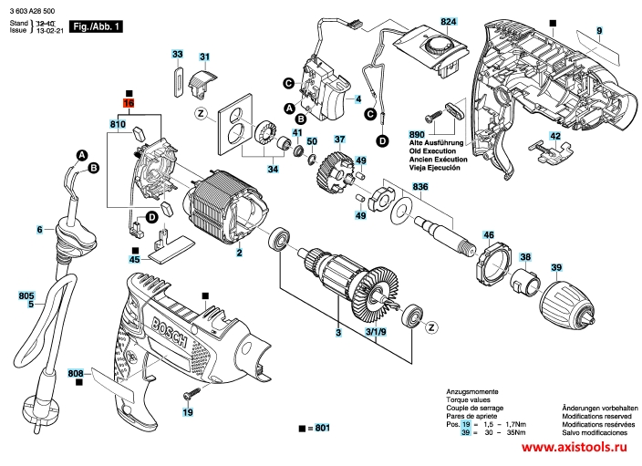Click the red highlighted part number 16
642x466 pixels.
tap(129, 105)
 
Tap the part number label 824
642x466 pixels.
tap(448, 21)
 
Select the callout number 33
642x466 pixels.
tap(177, 56)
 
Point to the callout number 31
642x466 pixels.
tap(205, 58)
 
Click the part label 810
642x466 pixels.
tap(118, 123)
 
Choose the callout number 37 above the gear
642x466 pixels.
tap(339, 140)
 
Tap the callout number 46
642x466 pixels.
tap(488, 235)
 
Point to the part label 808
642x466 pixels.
tap(76, 374)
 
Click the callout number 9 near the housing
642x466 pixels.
tap(599, 32)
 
